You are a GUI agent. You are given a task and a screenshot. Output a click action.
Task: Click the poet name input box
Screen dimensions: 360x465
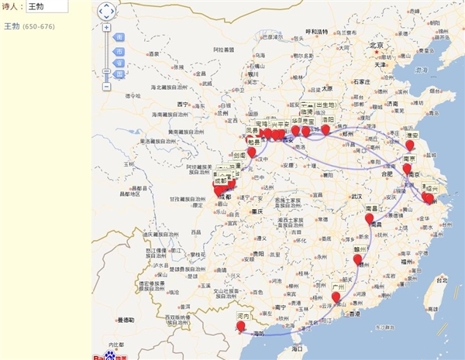[46, 6]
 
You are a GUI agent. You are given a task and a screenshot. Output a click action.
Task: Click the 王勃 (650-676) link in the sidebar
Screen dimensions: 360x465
[29, 26]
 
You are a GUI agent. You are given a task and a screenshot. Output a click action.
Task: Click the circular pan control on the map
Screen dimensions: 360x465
[106, 11]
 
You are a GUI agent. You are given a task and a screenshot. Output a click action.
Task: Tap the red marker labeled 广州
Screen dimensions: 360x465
[336, 298]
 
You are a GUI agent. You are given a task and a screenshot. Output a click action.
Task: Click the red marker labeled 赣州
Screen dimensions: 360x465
[357, 261]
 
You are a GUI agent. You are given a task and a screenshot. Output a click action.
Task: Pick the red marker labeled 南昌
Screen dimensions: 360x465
[370, 220]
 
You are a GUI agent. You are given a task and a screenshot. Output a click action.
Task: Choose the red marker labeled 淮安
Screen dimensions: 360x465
[410, 146]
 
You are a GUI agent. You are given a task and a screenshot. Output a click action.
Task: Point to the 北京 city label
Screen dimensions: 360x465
[377, 46]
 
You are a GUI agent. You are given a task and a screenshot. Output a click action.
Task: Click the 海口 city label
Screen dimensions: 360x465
[297, 350]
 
